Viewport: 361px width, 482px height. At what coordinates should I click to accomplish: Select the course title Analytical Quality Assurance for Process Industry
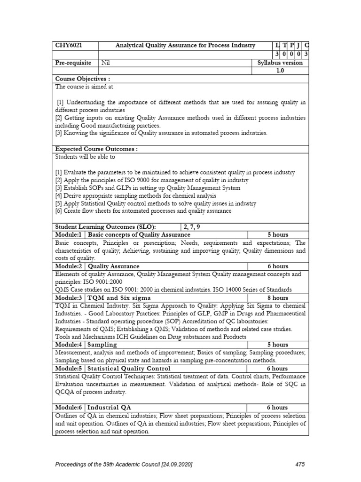186,46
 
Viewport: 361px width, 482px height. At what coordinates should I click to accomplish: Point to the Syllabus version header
280,63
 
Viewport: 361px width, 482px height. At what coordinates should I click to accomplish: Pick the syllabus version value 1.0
280,71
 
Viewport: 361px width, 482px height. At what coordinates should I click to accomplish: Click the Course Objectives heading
82,79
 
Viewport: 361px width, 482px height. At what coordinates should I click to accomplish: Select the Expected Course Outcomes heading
96,149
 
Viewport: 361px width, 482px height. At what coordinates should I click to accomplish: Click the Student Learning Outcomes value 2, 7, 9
193,226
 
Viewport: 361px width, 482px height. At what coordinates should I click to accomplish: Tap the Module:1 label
69,234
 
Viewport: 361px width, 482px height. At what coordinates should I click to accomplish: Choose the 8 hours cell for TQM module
278,298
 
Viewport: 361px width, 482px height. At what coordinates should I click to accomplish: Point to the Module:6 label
69,408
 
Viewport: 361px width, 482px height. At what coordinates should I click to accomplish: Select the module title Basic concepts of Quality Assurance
139,234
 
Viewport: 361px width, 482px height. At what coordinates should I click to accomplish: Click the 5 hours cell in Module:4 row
278,345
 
